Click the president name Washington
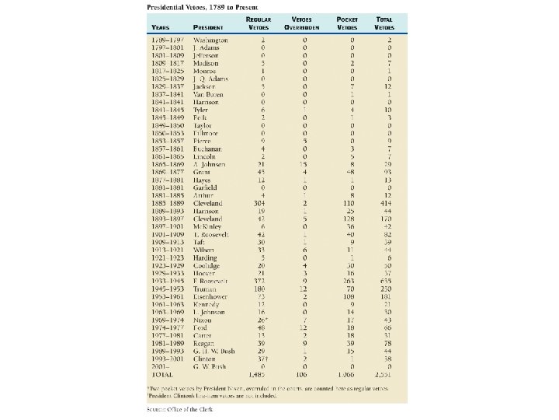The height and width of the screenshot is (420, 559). click(210, 40)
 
